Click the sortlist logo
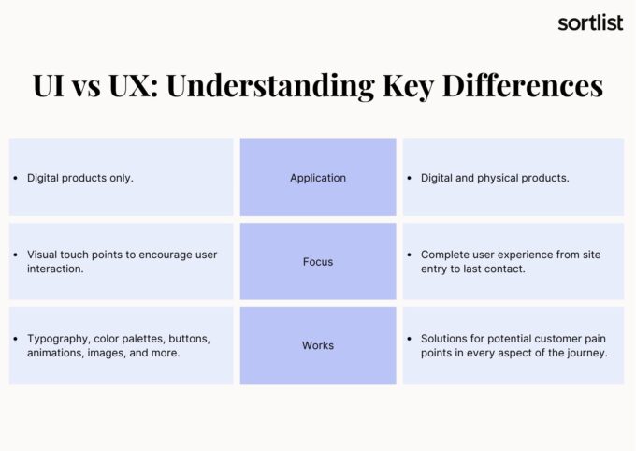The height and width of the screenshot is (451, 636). tap(589, 22)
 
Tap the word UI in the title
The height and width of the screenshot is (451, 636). tap(50, 86)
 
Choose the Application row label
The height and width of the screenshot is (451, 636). tap(318, 178)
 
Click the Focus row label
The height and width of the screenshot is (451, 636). tap(318, 262)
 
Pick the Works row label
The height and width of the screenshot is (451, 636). tap(318, 345)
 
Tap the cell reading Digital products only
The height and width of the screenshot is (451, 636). tap(80, 178)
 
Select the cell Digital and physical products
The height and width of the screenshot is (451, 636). tap(495, 178)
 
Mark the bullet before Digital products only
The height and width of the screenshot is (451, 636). tap(16, 178)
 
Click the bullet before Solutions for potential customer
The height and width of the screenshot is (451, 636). tap(410, 338)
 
